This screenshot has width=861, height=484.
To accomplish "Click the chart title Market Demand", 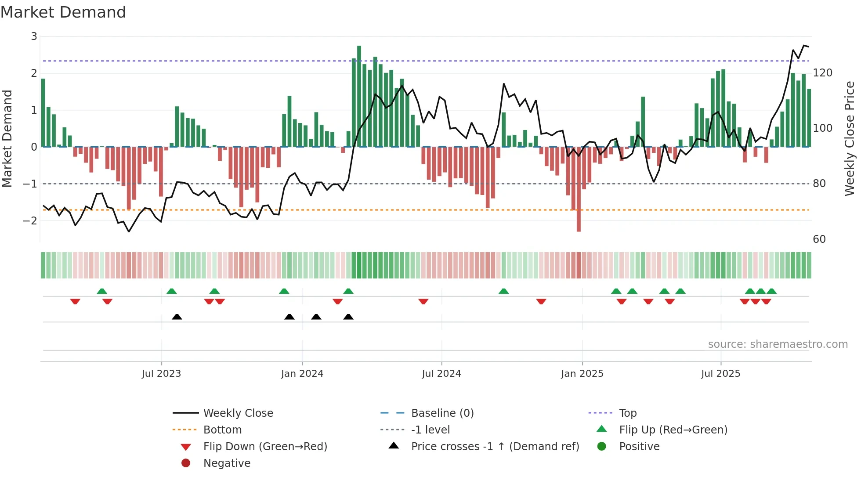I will pyautogui.click(x=63, y=12).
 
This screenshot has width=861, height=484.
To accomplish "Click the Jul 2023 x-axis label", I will pyautogui.click(x=161, y=374).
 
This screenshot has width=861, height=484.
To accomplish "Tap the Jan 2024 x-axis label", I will pyautogui.click(x=302, y=374).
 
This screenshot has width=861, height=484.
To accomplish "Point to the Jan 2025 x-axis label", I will pyautogui.click(x=582, y=374).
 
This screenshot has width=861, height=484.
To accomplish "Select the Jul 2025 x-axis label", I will pyautogui.click(x=720, y=374).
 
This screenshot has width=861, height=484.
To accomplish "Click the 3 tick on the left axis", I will pyautogui.click(x=34, y=36).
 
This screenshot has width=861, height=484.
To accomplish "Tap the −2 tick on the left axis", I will pyautogui.click(x=30, y=220).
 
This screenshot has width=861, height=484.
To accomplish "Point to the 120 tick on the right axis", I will pyautogui.click(x=822, y=73).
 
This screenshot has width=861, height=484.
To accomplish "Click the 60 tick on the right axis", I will pyautogui.click(x=819, y=239).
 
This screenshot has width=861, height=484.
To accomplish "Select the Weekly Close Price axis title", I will pyautogui.click(x=850, y=138).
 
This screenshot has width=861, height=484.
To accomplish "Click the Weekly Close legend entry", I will pyautogui.click(x=238, y=413).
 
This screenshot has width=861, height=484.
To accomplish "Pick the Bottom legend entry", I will pyautogui.click(x=222, y=430).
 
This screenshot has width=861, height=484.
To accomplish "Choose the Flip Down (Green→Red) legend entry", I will pyautogui.click(x=265, y=447).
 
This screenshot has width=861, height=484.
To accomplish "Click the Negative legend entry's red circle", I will pyautogui.click(x=186, y=463).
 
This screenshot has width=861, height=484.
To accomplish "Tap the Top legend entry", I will pyautogui.click(x=628, y=413).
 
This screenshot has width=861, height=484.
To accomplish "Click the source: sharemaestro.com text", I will pyautogui.click(x=778, y=344).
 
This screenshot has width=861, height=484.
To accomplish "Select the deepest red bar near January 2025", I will pyautogui.click(x=579, y=189).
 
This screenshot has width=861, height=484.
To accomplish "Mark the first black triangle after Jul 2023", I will pyautogui.click(x=177, y=317).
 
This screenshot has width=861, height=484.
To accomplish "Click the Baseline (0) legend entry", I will pyautogui.click(x=442, y=413).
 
